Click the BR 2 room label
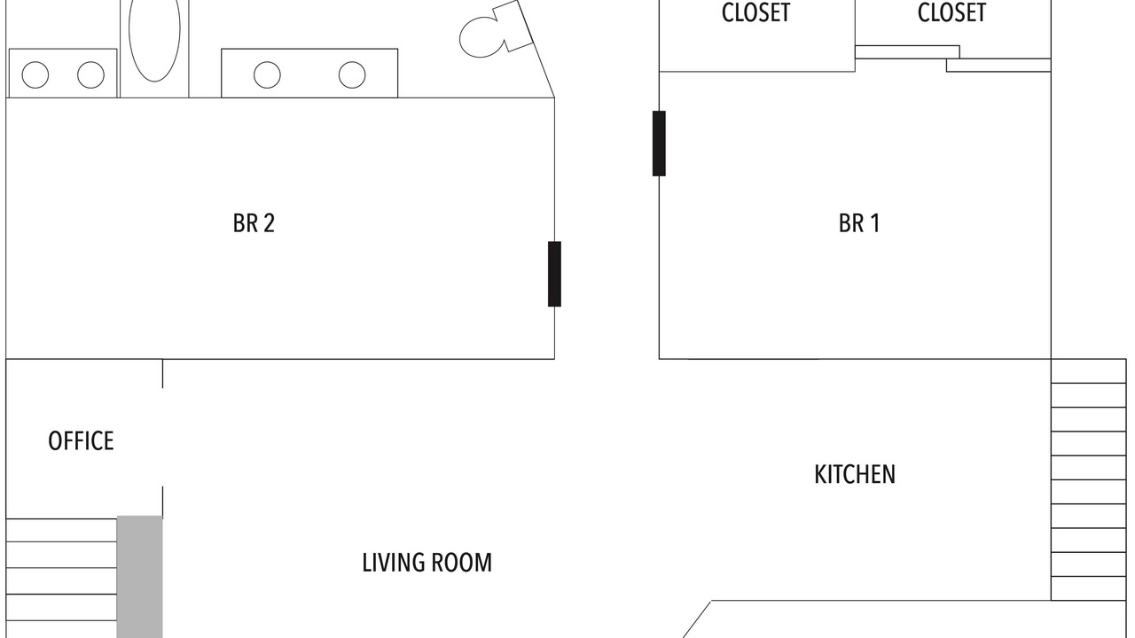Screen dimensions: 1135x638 [x=254, y=223]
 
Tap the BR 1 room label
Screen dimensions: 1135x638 [x=859, y=223]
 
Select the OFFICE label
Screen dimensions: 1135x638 [x=81, y=441]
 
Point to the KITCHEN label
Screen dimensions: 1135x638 [x=855, y=474]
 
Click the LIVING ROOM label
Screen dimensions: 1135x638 [x=427, y=563]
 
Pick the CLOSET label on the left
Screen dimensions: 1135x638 [x=756, y=12]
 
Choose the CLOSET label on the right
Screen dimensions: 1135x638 [x=951, y=12]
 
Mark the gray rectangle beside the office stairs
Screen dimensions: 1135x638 [x=140, y=577]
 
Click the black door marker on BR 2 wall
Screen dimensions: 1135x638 [x=554, y=274]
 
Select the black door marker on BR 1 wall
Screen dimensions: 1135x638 [x=659, y=144]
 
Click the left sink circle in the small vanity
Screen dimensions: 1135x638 [x=35, y=75]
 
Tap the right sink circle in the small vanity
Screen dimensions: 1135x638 [x=90, y=75]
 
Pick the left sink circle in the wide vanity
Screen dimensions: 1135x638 [x=267, y=75]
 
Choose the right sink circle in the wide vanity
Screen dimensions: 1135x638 [x=352, y=75]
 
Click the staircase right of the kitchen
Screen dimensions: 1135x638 [x=1089, y=479]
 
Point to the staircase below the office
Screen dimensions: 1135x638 [x=61, y=579]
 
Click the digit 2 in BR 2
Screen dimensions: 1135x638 [x=269, y=223]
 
